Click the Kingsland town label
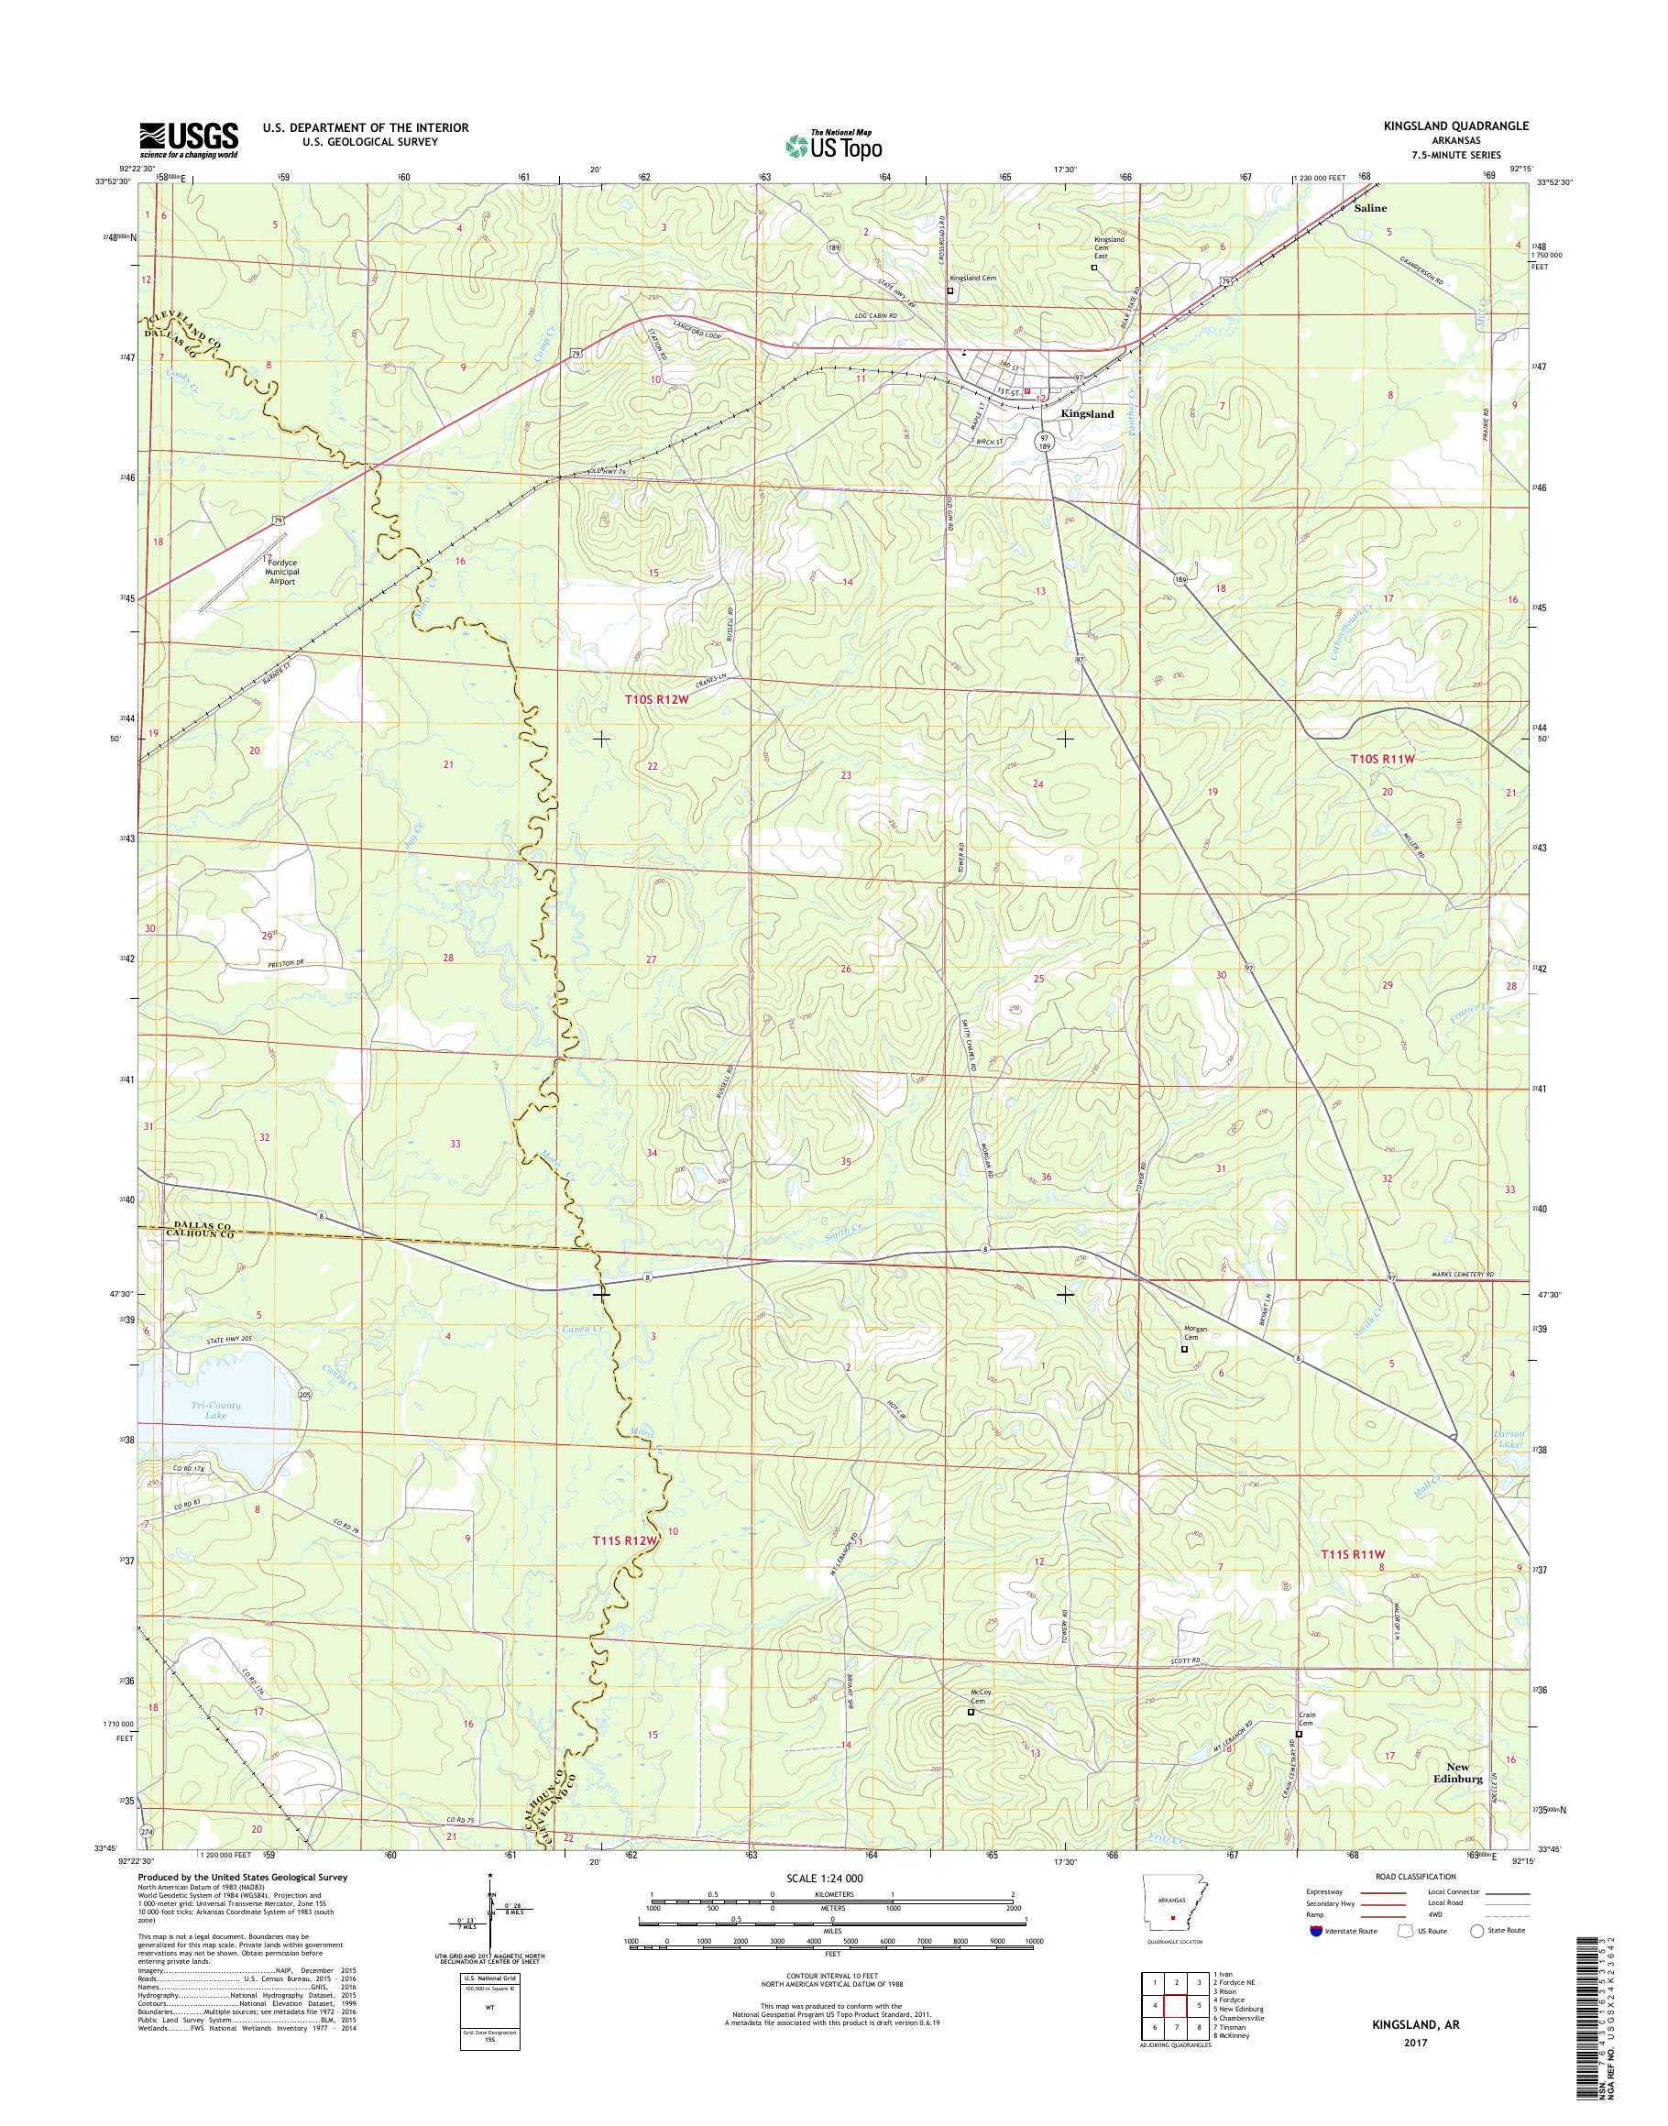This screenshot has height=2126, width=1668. pos(1087,414)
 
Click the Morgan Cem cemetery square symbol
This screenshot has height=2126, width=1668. pos(1185,1350)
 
